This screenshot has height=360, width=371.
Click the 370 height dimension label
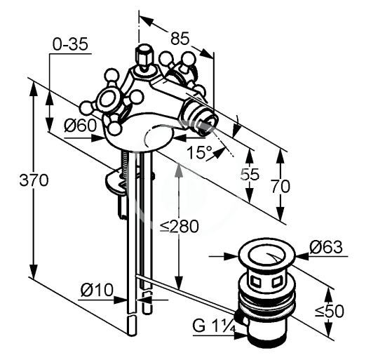[34, 180]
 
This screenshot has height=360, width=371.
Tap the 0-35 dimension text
[70, 44]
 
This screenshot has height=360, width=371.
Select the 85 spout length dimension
[180, 38]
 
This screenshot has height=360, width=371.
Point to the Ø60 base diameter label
[80, 125]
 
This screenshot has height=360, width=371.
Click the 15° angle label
[199, 152]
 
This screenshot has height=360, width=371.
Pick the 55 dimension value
[250, 175]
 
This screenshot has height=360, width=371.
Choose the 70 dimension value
[280, 186]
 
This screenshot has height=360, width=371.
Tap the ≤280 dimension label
[179, 227]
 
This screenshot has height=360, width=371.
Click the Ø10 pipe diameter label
[97, 290]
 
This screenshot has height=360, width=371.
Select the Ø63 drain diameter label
[326, 247]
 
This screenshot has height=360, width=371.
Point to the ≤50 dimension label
[330, 311]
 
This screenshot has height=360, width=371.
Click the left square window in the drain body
[255, 281]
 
